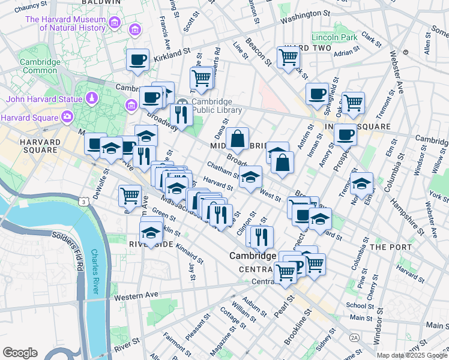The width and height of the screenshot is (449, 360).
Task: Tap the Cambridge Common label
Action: click(x=40, y=66)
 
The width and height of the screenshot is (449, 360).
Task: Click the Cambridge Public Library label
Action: click(x=216, y=106)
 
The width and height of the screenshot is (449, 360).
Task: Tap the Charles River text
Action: click(x=95, y=272)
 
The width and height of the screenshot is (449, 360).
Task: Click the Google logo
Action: click(x=20, y=352)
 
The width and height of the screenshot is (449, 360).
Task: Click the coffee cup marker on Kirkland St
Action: click(x=137, y=60)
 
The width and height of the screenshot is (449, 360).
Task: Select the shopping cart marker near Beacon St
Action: click(x=288, y=57)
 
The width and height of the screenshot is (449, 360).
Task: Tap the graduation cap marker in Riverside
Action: click(x=151, y=232)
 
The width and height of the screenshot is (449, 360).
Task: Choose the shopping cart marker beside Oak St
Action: click(x=353, y=103)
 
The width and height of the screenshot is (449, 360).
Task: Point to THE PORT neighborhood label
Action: click(x=390, y=247)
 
